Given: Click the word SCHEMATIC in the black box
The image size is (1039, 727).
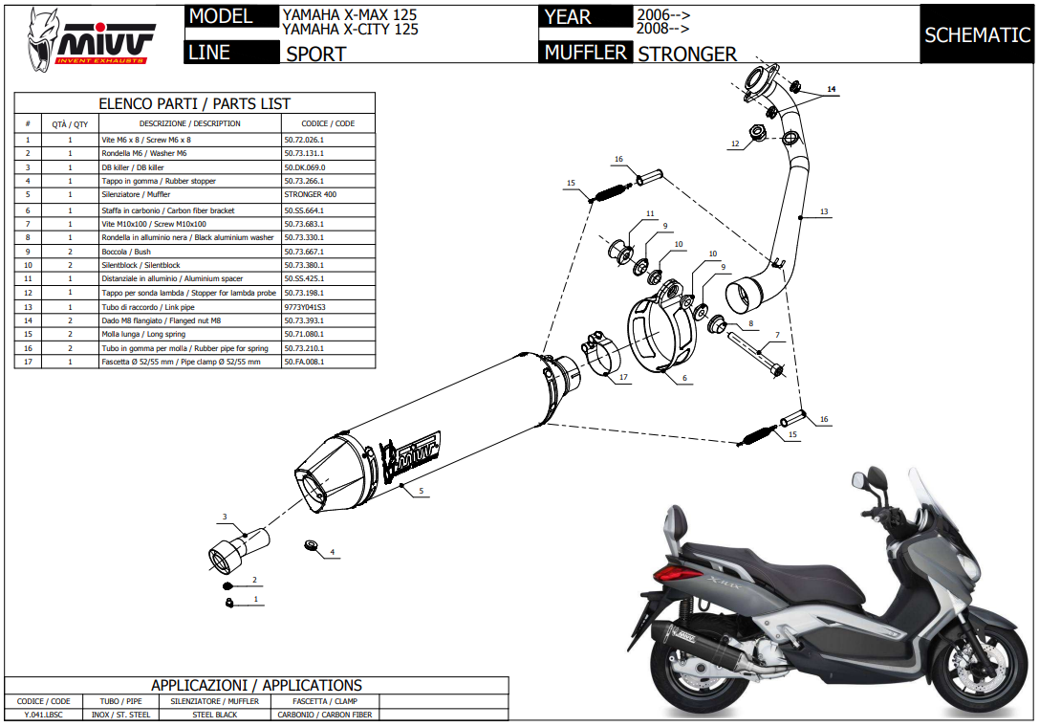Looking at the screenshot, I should [977, 35].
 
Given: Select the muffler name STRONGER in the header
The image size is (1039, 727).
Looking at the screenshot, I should [687, 55].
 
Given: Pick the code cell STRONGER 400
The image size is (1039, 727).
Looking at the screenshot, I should [310, 195].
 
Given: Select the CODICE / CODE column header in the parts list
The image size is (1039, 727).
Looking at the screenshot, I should [328, 123].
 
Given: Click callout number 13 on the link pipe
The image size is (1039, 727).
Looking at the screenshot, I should [823, 211].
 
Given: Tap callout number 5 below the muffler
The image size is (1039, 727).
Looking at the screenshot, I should [420, 491].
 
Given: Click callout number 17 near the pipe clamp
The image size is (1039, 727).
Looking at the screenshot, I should [622, 377].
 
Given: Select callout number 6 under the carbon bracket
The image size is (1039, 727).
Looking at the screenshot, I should [684, 378].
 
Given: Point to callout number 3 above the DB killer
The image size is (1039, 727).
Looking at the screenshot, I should [225, 518].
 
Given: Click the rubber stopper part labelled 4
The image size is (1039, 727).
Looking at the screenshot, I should [309, 544].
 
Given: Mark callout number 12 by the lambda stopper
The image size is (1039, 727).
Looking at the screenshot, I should [734, 144].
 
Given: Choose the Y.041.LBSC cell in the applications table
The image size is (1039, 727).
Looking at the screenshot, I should [43, 715].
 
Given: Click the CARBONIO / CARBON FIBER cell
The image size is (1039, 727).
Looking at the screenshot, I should [324, 715].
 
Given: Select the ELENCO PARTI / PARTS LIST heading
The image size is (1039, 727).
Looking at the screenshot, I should [195, 103].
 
